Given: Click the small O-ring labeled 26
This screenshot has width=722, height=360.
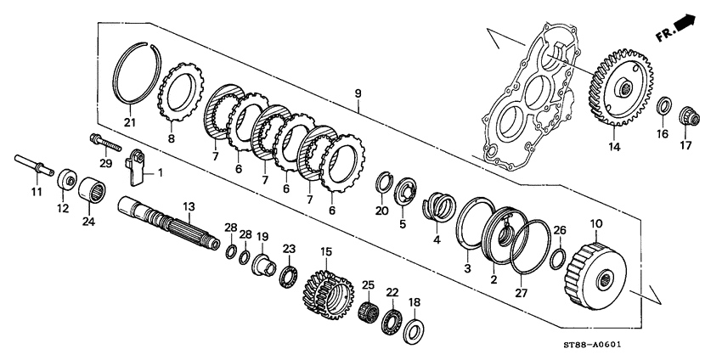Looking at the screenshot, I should pyautogui.click(x=558, y=257).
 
